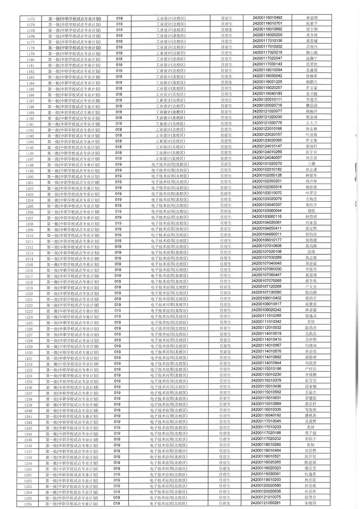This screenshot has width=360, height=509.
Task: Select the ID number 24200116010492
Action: [x=267, y=18]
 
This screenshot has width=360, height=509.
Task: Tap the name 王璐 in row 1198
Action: [x=311, y=164]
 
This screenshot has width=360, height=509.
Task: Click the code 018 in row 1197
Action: [x=119, y=159]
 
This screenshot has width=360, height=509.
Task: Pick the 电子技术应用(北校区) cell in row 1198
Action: [x=170, y=164]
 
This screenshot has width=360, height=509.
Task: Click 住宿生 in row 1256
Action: [x=224, y=503]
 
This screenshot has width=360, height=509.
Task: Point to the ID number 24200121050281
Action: [x=266, y=503]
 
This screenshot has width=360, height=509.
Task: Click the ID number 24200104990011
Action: [x=267, y=234]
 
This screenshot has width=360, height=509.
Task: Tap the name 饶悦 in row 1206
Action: [x=311, y=211]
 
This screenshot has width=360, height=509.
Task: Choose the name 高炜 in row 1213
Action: [x=311, y=252]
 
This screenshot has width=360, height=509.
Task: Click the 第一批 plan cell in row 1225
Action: [x=73, y=323]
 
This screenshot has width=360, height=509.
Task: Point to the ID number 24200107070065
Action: [x=267, y=281]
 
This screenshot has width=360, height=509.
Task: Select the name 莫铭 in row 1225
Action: [x=311, y=322]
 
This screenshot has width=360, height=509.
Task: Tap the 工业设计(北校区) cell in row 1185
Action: [x=171, y=89]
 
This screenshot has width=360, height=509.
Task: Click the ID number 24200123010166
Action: [x=267, y=129]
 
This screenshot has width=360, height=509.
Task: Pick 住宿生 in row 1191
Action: [x=226, y=124]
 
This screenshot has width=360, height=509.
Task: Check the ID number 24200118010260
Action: [x=266, y=445]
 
